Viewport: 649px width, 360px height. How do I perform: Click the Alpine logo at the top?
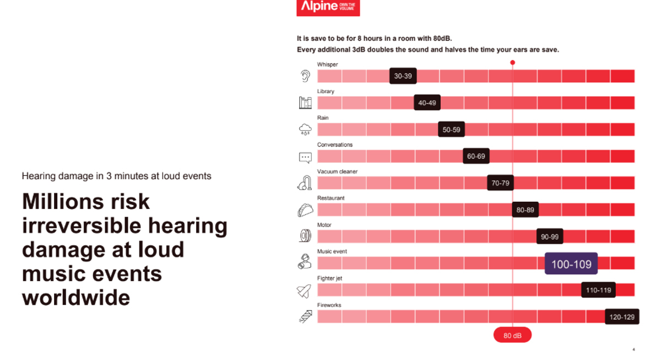click(328, 7)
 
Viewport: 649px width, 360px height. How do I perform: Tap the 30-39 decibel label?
click(403, 76)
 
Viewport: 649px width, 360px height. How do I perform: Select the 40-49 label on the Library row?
click(427, 103)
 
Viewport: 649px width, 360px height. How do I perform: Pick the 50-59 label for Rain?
click(451, 130)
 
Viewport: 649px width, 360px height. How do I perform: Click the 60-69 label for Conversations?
click(476, 156)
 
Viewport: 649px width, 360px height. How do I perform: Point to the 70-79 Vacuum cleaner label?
click(500, 182)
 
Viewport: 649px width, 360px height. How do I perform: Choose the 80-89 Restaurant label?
click(525, 209)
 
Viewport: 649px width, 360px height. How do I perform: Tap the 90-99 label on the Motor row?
click(549, 237)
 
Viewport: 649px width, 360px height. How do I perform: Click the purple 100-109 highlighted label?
click(571, 264)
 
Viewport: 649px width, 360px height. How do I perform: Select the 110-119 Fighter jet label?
click(598, 290)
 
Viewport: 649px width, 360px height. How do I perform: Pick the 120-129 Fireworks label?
click(622, 317)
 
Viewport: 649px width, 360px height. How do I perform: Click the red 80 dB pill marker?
click(512, 335)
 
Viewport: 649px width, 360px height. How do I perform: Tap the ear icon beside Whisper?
click(305, 76)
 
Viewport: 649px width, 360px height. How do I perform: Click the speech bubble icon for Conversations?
click(305, 157)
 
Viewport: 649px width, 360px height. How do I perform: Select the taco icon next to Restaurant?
click(305, 210)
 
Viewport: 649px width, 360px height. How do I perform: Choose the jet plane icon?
click(304, 291)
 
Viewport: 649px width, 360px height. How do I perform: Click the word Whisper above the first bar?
click(327, 65)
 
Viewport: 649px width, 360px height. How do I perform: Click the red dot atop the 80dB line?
click(512, 62)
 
